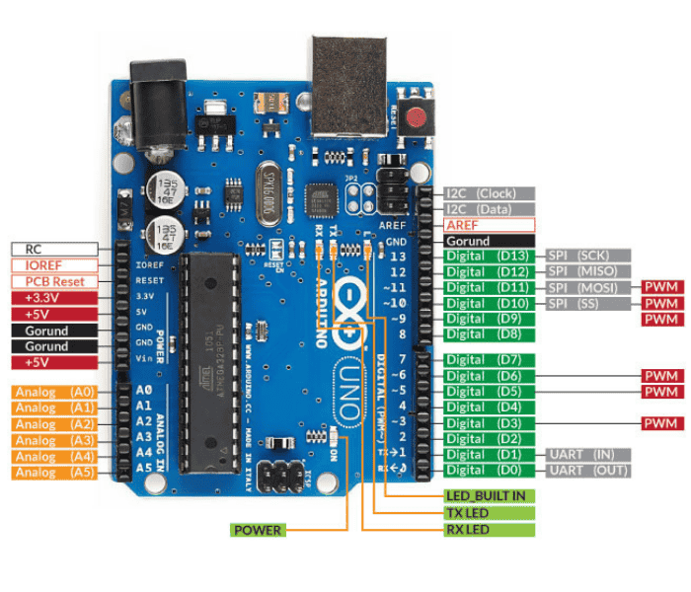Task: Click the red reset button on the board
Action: coord(418,117)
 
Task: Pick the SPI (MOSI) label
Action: coord(588,287)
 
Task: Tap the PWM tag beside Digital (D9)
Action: coord(662,320)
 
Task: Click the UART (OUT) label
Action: coord(588,470)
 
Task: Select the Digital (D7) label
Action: coord(489,360)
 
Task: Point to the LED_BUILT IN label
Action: coord(486,495)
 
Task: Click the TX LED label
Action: coord(486,513)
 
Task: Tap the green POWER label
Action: coord(257,530)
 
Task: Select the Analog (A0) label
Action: coord(54,392)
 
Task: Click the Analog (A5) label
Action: coord(54,473)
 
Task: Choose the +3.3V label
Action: coord(54,298)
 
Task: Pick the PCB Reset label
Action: coord(54,281)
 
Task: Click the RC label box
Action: coord(54,249)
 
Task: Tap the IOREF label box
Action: coord(54,265)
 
